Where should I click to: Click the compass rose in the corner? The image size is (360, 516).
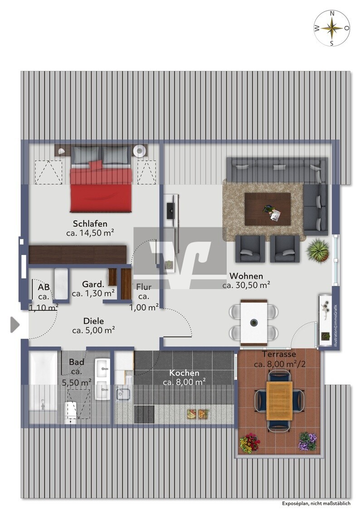tap(332, 28)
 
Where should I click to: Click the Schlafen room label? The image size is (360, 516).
tap(90, 224)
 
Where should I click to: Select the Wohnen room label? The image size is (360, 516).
tap(246, 276)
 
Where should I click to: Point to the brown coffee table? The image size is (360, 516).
tap(268, 209)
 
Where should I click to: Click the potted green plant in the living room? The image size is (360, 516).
tap(317, 251)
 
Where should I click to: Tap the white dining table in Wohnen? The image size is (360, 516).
tap(253, 322)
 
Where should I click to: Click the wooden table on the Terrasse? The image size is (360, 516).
tap(279, 400)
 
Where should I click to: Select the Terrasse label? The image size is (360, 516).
tap(279, 354)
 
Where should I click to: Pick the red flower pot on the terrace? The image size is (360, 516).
tap(250, 443)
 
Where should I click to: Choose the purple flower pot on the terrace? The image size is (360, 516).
tap(308, 441)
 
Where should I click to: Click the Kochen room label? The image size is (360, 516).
tap(184, 373)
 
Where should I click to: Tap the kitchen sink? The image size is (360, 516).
tap(123, 394)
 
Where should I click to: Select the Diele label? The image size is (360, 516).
tap(93, 321)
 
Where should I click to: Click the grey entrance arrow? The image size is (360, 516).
tap(15, 325)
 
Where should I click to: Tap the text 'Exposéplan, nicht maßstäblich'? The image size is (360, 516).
tap(316, 503)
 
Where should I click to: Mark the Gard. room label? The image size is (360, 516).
tap(93, 284)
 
